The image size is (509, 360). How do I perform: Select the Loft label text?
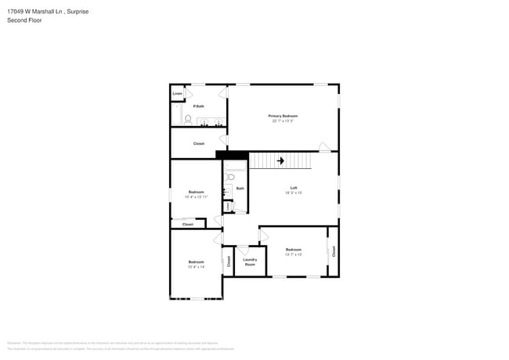coord(294,187)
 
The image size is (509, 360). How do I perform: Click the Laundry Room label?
coord(250,262)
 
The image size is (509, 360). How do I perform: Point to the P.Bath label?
coord(199,106)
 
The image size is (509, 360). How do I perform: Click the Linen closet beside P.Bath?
coord(178,94)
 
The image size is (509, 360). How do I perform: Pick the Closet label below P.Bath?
coord(199,143)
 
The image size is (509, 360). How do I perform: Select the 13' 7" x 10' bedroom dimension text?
coord(294,254)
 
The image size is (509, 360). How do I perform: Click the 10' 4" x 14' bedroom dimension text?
coord(196,267)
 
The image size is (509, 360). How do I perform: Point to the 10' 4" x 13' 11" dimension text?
coord(196,197)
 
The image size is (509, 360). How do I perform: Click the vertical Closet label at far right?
coord(334,251)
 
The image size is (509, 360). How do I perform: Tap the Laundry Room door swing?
coord(244,250)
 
